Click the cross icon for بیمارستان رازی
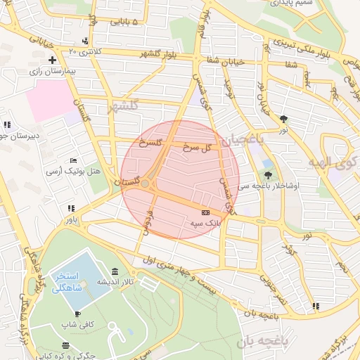click(x=52, y=60)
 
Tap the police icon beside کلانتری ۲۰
click(x=85, y=41)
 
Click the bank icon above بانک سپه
click(x=205, y=212)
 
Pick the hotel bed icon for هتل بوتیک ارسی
click(x=75, y=160)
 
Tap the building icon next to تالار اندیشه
click(x=115, y=272)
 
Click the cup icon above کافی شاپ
click(x=77, y=314)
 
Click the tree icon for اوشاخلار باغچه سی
click(x=267, y=174)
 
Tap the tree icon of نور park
click(x=283, y=119)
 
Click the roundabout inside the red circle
click(x=145, y=184)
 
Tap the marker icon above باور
click(x=70, y=209)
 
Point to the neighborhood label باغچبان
click(x=243, y=141)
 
